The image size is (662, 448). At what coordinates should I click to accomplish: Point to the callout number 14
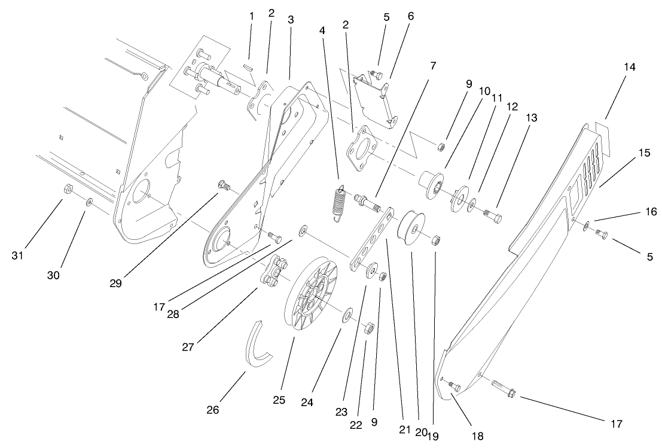[629, 68]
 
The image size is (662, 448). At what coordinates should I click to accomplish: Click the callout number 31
[19, 255]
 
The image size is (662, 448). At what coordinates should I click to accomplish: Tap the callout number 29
[115, 283]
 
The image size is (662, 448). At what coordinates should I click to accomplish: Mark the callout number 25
[279, 400]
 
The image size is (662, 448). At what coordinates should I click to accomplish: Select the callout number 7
[433, 64]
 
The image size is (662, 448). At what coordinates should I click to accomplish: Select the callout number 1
[252, 16]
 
